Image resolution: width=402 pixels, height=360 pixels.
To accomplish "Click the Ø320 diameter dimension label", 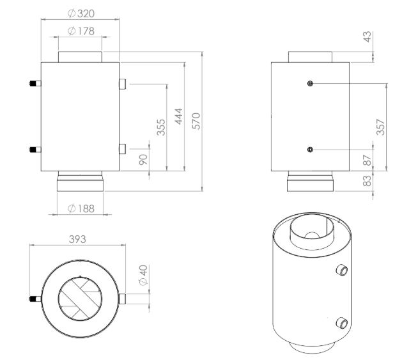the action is click(81, 13).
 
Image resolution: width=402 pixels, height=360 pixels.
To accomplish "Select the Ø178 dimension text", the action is click(81, 31).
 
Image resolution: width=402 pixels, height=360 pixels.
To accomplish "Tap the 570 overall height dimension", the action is click(196, 121).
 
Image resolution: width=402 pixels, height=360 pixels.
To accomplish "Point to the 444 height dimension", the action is click(179, 116).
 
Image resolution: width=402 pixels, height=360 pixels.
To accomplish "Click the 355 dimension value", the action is click(161, 127).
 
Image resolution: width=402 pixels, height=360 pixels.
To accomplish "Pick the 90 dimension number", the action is click(143, 159).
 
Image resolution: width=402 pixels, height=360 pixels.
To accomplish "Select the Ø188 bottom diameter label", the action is click(81, 208).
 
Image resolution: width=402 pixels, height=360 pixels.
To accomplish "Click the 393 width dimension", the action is click(77, 239).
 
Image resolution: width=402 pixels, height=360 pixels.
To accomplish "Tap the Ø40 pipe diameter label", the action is click(143, 275).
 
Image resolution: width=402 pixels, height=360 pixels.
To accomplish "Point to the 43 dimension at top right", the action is click(367, 36).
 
